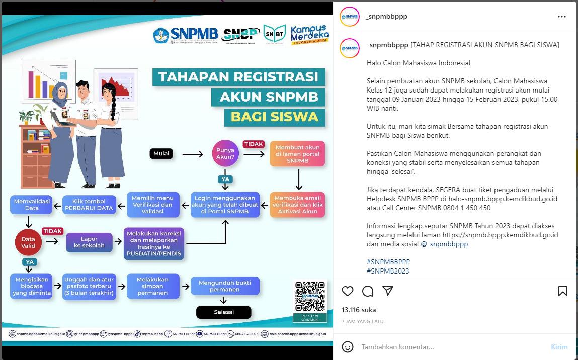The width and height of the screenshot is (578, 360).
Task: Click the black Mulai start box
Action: pyautogui.click(x=161, y=154)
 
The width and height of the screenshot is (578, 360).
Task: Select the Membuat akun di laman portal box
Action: pyautogui.click(x=297, y=154)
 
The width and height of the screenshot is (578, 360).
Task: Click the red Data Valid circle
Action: pyautogui.click(x=28, y=243)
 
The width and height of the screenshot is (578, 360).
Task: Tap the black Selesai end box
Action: pyautogui.click(x=223, y=312)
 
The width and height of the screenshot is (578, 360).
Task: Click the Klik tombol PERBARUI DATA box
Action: pyautogui.click(x=89, y=204)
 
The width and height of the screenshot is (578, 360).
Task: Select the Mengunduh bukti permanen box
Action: pyautogui.click(x=225, y=286)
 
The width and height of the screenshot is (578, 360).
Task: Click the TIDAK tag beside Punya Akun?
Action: pyautogui.click(x=254, y=144)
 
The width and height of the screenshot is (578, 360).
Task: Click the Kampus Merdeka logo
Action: pyautogui.click(x=309, y=35)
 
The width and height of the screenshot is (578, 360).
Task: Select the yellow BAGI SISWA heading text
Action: pyautogui.click(x=275, y=117)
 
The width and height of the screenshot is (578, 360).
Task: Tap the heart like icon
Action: pyautogui.click(x=348, y=291)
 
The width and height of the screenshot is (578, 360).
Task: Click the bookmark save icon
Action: pyautogui.click(x=563, y=291)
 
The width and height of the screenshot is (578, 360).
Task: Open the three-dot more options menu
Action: pyautogui.click(x=562, y=17)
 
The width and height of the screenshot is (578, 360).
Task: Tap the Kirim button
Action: pyautogui.click(x=559, y=347)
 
